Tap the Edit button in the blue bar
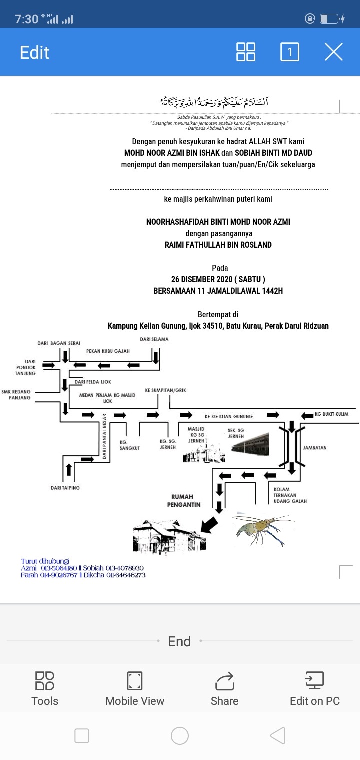(34, 52)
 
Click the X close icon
(333, 52)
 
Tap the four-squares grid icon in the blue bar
(245, 52)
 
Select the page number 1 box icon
(290, 52)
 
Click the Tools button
(45, 689)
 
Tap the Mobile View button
(135, 689)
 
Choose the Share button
(224, 689)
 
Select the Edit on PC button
(315, 689)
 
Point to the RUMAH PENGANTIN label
(186, 501)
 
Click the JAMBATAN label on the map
(315, 448)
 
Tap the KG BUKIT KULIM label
(331, 414)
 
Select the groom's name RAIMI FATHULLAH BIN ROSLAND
(218, 245)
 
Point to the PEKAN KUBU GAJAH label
(108, 351)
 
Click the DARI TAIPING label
(65, 488)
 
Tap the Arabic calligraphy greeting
(214, 102)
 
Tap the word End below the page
(179, 641)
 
